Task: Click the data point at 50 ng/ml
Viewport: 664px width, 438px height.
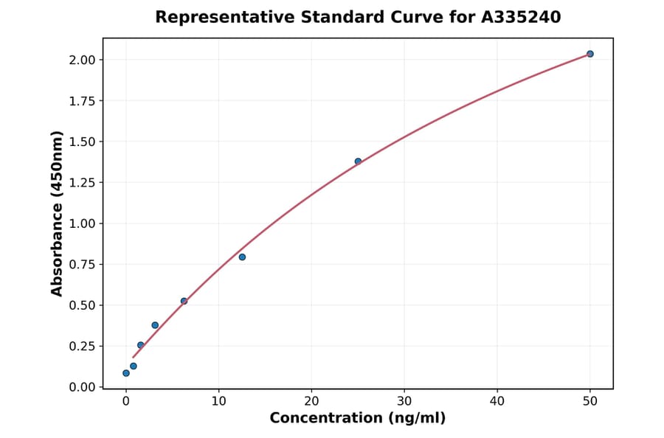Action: click(590, 54)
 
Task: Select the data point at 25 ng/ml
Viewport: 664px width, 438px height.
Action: click(358, 161)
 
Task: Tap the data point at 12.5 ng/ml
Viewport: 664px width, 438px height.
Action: click(242, 257)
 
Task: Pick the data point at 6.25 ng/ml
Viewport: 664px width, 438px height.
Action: click(184, 301)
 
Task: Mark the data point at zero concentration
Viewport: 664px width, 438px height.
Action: click(126, 373)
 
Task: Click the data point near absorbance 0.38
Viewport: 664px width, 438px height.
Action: click(155, 325)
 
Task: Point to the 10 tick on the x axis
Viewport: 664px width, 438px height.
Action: click(218, 401)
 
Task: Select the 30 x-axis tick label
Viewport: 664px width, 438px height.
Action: click(404, 401)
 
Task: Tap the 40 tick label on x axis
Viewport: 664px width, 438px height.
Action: click(497, 401)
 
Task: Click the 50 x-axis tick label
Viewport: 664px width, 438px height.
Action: click(590, 401)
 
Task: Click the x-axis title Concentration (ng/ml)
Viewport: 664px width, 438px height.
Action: click(358, 419)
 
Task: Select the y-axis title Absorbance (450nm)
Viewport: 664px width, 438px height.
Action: click(57, 214)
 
